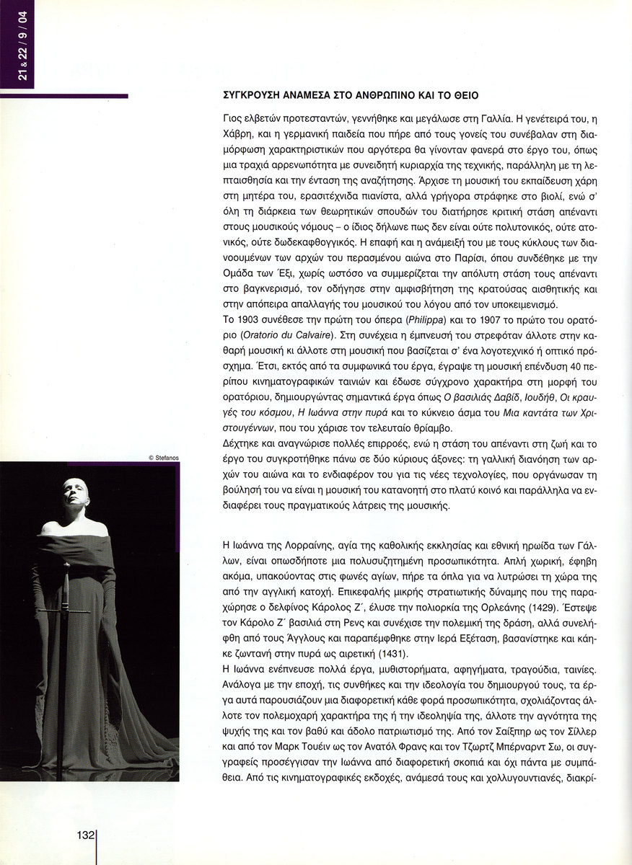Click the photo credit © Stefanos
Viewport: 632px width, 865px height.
tap(163, 456)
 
